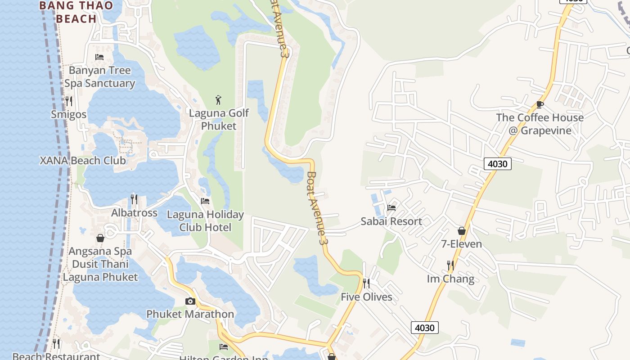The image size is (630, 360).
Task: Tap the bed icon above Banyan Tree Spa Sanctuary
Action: tap(99, 57)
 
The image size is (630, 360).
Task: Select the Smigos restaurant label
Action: tap(68, 114)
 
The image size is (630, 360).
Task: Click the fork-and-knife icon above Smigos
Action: tap(68, 101)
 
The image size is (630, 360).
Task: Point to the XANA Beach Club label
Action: tap(83, 161)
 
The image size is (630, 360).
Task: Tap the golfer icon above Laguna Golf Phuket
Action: tap(218, 99)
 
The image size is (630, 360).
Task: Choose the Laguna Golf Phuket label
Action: tap(219, 119)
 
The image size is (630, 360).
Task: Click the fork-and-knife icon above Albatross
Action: tap(134, 199)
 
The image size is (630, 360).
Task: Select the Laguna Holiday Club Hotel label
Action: tap(205, 221)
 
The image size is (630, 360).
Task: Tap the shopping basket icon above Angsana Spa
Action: tap(100, 238)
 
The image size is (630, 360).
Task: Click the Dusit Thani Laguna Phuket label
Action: tap(100, 270)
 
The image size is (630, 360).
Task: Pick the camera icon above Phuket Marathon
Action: tap(190, 301)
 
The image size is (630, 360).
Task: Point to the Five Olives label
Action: tap(366, 297)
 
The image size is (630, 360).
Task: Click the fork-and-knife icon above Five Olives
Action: tap(366, 283)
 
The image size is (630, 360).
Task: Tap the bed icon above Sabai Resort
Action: tap(391, 207)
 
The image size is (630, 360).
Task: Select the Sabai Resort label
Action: tap(391, 221)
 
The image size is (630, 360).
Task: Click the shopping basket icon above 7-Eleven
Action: tap(462, 231)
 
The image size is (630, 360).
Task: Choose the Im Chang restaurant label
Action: tap(450, 279)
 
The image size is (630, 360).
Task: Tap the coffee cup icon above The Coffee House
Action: tap(540, 104)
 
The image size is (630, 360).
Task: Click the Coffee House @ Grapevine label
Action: tap(540, 124)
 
